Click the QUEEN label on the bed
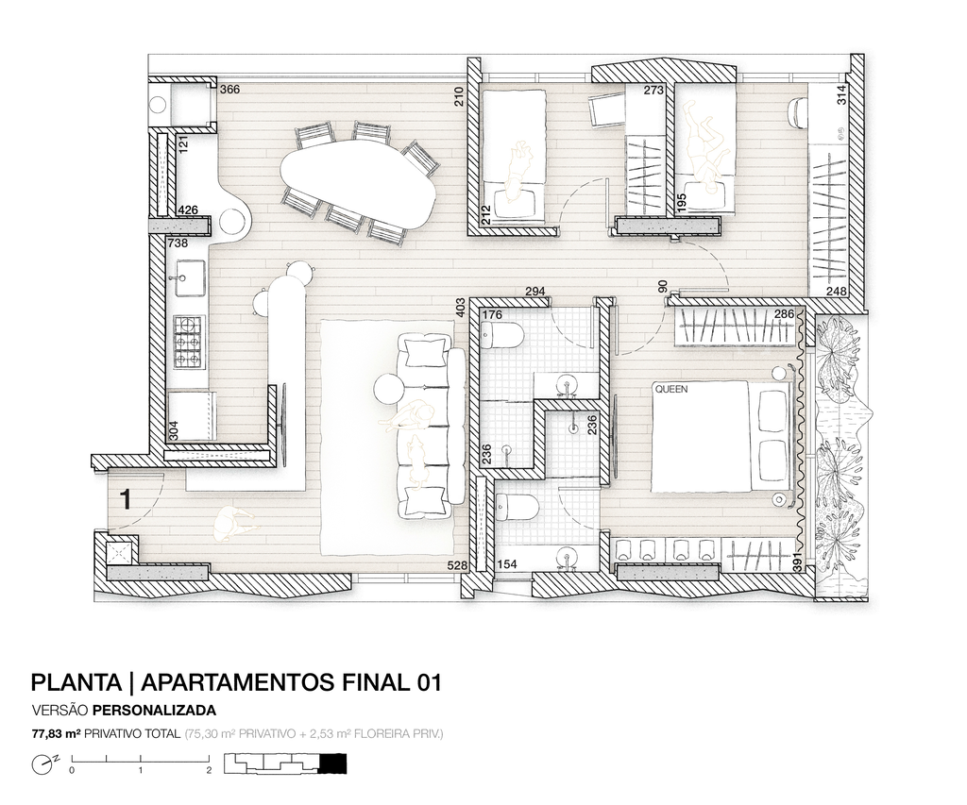point(671,390)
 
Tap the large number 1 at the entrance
point(126,499)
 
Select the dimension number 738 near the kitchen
point(178,243)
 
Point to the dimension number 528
point(459,564)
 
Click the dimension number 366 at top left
point(230,90)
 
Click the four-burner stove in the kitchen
point(189,342)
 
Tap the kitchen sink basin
point(189,278)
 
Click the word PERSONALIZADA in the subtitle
point(154,710)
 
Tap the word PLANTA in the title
point(76,683)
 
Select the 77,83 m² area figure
point(57,733)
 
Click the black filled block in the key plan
point(333,763)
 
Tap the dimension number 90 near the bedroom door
point(663,287)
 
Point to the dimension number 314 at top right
point(842,95)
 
